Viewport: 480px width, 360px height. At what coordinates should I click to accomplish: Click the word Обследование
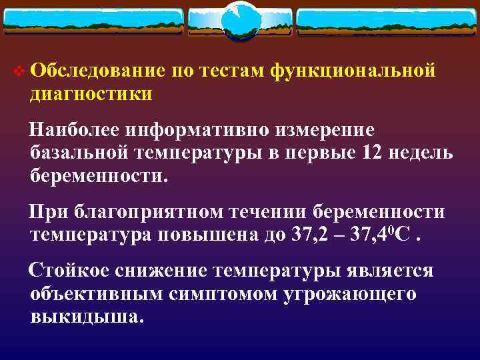click(x=96, y=71)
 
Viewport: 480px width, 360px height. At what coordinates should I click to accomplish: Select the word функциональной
click(x=353, y=71)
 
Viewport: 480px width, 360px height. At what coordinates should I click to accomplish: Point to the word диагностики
click(x=91, y=94)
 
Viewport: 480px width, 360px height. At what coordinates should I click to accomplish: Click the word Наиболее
click(x=71, y=129)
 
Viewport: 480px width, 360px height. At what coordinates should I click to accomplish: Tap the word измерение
click(x=319, y=129)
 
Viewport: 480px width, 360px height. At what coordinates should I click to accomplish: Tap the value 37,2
click(x=304, y=235)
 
